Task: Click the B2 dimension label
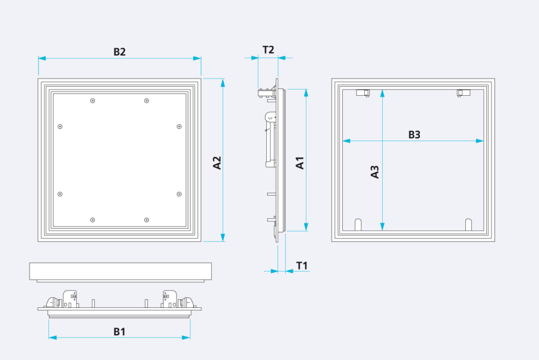[119, 52]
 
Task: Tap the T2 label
[268, 49]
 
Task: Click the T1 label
[302, 266]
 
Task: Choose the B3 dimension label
[414, 134]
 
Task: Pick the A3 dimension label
[375, 172]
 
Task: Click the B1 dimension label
[119, 332]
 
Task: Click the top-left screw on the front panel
[93, 101]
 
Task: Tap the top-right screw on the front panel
[146, 101]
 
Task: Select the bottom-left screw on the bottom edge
[93, 219]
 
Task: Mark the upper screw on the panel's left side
[60, 126]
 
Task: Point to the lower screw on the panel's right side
[179, 194]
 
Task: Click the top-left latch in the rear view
[363, 93]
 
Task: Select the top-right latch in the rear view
[463, 93]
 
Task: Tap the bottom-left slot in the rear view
[358, 224]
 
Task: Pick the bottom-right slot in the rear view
[468, 224]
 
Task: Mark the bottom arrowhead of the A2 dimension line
[223, 237]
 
